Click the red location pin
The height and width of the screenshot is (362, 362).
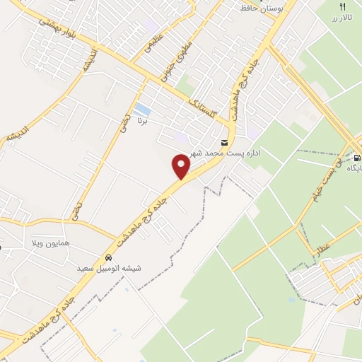pyautogui.click(x=182, y=166)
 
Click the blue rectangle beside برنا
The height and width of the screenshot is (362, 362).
pyautogui.click(x=143, y=110)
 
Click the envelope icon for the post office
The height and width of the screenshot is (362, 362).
pyautogui.click(x=225, y=142)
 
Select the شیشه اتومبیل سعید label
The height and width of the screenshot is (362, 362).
pyautogui.click(x=109, y=269)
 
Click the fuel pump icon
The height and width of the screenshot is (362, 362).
pyautogui.click(x=356, y=158)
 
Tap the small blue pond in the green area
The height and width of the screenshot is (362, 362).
pyautogui.click(x=292, y=300)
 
